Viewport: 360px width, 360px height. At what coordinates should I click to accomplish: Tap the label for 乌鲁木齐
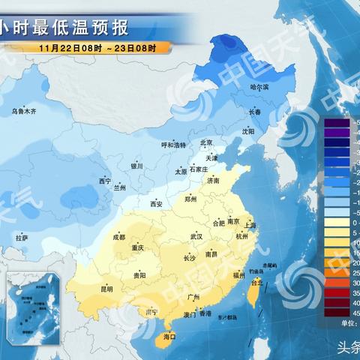[x=23, y=112]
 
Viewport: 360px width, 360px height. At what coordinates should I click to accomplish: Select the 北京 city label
[x=207, y=142]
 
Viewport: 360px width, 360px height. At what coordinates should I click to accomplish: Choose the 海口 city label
[x=169, y=337]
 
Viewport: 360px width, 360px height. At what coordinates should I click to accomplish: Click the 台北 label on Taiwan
[x=256, y=283]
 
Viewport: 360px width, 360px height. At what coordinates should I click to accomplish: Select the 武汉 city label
[x=196, y=237]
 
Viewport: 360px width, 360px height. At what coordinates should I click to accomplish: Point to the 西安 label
[x=156, y=204]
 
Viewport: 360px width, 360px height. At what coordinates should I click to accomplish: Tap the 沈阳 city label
[x=248, y=130]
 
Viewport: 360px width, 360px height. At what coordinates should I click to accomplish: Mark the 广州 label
[x=193, y=298]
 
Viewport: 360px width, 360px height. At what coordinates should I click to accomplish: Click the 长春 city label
[x=255, y=112]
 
